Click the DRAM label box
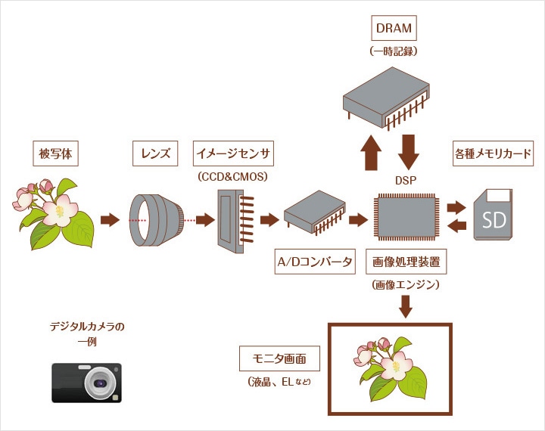coord(394,29)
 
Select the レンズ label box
coord(156,154)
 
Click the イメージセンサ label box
coord(234,154)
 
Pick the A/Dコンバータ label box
coord(314,262)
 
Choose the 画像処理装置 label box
coord(406,262)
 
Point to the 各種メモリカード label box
coord(492,154)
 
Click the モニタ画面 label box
coord(279,358)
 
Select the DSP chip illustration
coord(406,215)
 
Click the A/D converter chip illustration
coord(314,213)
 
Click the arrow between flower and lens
coord(111,220)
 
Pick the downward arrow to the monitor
coord(406,306)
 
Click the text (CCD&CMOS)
coord(234,176)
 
